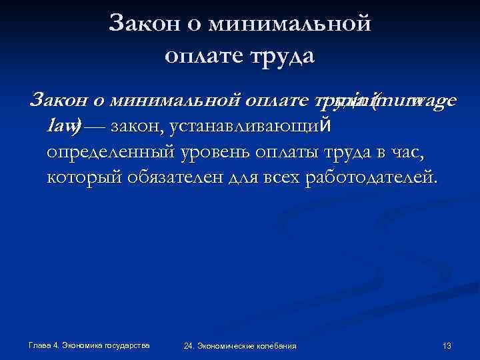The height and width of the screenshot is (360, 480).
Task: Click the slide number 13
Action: [447, 345]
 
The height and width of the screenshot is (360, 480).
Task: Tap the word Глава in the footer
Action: [39, 345]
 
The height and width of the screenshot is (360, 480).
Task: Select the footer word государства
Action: [126, 345]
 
